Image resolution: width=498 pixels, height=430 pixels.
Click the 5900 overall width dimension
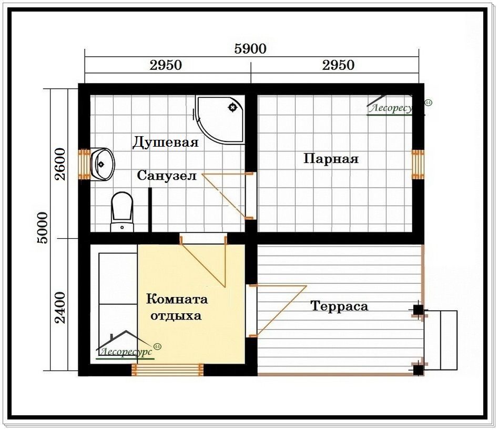250,48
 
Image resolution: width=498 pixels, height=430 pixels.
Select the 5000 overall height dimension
42,228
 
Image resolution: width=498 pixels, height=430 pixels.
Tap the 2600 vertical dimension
60,164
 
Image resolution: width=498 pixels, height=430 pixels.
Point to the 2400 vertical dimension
60,308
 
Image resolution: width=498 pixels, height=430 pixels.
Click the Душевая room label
165,142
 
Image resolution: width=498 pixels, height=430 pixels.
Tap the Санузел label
167,175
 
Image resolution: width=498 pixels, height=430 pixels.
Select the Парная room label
331,158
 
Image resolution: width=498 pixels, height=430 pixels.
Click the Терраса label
339,306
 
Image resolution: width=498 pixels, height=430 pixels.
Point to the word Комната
177,299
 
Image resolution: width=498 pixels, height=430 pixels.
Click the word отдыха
176,316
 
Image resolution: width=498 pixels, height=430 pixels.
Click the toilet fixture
122,211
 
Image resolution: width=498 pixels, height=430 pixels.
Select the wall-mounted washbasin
102,164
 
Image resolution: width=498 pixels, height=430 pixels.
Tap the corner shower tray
220,119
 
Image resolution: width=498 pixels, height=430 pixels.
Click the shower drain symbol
233,107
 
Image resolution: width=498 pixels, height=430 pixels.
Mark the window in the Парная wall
418,164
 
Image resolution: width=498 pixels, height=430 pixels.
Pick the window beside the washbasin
85,164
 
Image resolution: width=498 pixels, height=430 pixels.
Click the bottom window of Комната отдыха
167,370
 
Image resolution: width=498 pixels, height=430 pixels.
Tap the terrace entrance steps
441,340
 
